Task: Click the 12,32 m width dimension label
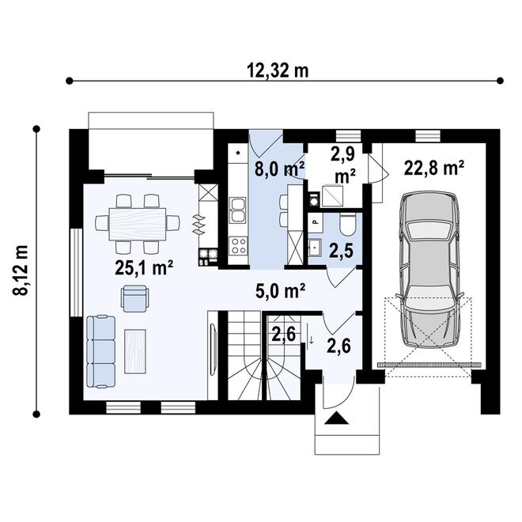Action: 277,70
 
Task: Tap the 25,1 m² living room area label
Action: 144,268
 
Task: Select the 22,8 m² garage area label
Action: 433,168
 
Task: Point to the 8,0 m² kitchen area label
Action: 279,168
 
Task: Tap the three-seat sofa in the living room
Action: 100,351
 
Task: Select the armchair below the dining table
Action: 134,297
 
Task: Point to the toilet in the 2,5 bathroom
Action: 346,225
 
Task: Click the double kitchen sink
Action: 238,210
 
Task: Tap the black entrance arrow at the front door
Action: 335,420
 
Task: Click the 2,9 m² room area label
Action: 343,162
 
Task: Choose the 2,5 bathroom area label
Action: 341,252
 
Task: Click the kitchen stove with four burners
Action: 238,244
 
